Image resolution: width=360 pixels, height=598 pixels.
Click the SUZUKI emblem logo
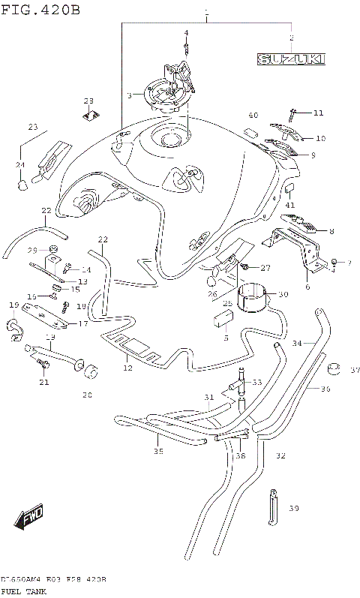291,59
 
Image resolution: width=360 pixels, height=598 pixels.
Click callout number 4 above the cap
186,32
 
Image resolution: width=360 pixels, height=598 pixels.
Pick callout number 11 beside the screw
318,113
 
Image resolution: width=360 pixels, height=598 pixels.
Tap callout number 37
355,370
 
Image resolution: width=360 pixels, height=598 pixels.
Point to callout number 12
127,368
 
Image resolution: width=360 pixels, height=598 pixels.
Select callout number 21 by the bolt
43,383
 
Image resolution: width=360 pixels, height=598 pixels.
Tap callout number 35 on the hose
157,451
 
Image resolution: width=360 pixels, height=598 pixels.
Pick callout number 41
290,204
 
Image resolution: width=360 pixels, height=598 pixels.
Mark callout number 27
265,267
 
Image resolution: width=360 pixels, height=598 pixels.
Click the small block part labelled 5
221,322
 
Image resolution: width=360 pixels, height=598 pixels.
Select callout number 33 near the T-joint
257,383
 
